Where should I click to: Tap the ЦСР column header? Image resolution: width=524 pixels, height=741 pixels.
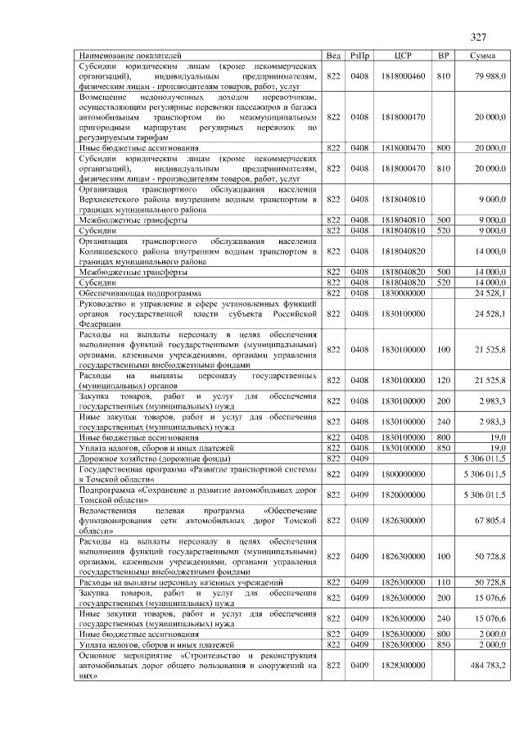point(402,55)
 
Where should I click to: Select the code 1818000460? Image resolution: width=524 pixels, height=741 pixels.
point(403,75)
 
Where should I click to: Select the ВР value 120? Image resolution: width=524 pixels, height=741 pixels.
point(444,380)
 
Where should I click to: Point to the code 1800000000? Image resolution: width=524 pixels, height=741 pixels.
point(403,474)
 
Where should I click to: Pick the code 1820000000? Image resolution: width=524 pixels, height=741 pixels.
point(403,495)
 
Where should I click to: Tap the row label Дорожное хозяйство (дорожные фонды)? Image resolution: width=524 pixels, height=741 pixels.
point(146,459)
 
